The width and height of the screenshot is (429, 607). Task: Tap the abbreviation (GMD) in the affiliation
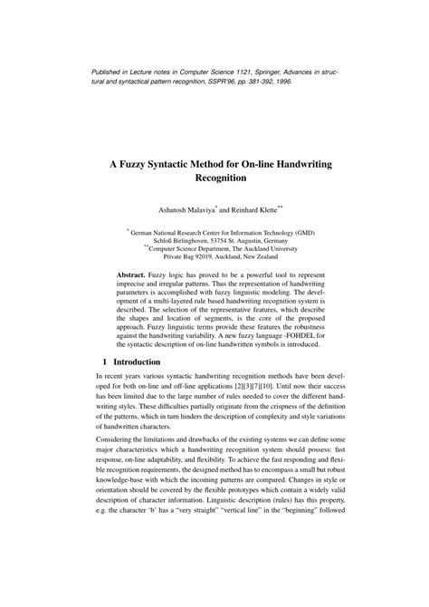[x=304, y=232]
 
